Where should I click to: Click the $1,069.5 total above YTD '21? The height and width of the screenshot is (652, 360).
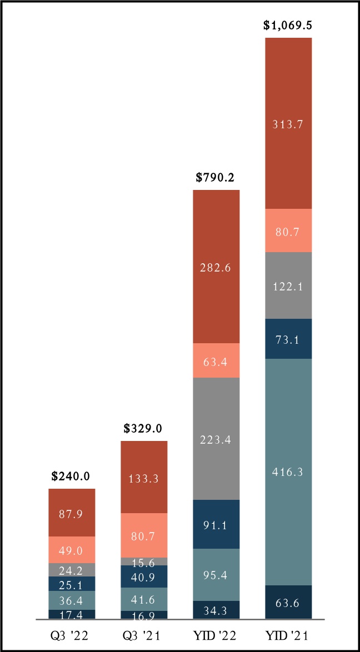point(288,26)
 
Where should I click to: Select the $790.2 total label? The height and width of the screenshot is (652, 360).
point(216,178)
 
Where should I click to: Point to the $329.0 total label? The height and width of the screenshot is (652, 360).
point(144,429)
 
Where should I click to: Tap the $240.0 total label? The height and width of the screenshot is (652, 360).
point(72,476)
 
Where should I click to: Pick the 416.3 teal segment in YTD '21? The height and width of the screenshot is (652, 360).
point(288,472)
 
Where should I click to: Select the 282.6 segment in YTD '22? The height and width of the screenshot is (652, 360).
point(216,267)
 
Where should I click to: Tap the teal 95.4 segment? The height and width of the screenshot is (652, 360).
point(216,575)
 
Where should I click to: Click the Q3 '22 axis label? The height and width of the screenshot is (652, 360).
point(72,635)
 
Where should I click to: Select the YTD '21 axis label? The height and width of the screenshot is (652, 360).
point(288,635)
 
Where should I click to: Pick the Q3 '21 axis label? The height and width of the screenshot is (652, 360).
point(144,635)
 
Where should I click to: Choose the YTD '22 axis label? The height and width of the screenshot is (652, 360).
point(216,635)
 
